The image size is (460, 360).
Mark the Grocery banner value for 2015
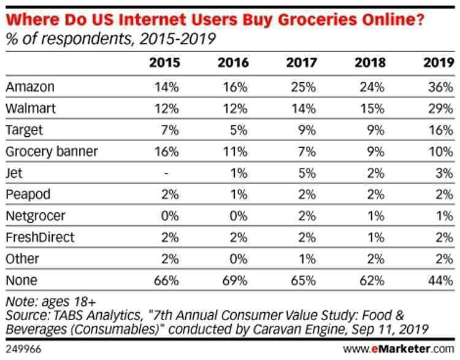167,151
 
